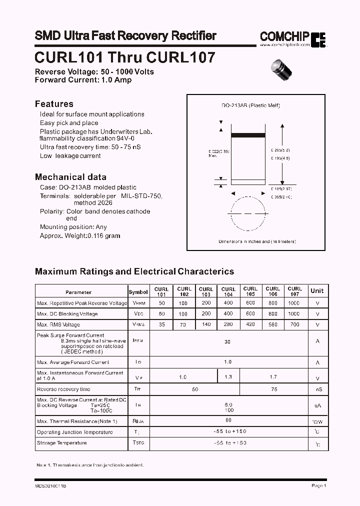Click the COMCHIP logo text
(284, 36)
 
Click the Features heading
(54, 104)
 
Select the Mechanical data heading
(70, 177)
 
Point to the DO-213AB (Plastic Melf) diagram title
(250, 105)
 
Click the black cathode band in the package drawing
(251, 135)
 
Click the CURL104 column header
(228, 291)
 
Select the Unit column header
(317, 291)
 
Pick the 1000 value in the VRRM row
(294, 303)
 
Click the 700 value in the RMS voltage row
(294, 324)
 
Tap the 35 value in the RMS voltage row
(161, 324)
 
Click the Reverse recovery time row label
(63, 389)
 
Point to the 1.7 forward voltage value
(272, 376)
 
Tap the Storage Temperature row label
(61, 443)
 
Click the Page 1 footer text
(318, 485)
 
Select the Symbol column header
(138, 292)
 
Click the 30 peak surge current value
(227, 342)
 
